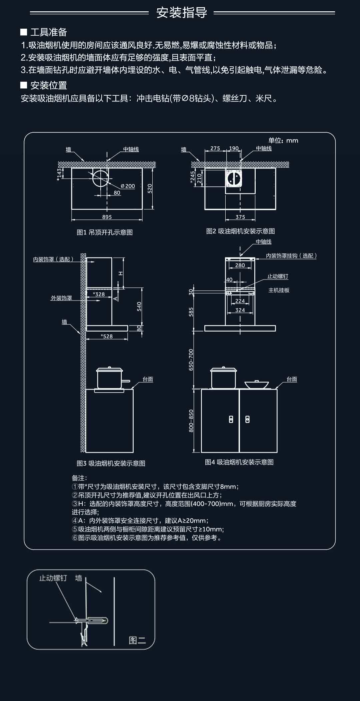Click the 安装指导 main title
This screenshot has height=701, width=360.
click(x=182, y=13)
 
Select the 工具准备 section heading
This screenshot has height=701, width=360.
click(x=48, y=32)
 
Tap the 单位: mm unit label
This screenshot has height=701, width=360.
click(x=283, y=140)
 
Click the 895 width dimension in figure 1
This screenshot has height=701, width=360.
click(x=107, y=217)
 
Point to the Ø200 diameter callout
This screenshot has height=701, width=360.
click(x=128, y=186)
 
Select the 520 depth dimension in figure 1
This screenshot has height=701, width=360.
click(x=150, y=188)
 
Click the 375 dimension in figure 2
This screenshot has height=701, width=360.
click(x=240, y=217)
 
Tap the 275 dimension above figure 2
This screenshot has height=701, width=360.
click(x=215, y=148)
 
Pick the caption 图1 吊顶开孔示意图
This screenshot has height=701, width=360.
click(x=105, y=232)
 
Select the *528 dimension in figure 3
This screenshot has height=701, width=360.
click(x=107, y=336)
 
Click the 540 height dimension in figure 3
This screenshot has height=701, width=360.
click(x=139, y=306)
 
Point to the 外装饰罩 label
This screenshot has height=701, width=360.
click(x=61, y=298)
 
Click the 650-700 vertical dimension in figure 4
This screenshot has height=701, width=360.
click(x=191, y=360)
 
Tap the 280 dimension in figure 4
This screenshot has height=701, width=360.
click(x=240, y=265)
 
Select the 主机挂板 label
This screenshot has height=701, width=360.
click(x=279, y=290)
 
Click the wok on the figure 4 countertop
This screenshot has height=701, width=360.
click(x=257, y=384)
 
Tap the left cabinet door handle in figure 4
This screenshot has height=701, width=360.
click(x=231, y=419)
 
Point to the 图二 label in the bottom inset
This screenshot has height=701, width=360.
click(x=137, y=640)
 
